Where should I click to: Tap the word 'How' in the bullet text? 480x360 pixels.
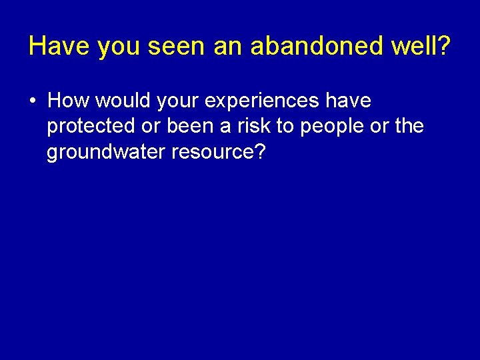tap(69, 101)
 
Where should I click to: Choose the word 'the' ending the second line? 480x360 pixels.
tap(409, 127)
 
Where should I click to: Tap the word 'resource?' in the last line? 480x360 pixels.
tap(219, 152)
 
